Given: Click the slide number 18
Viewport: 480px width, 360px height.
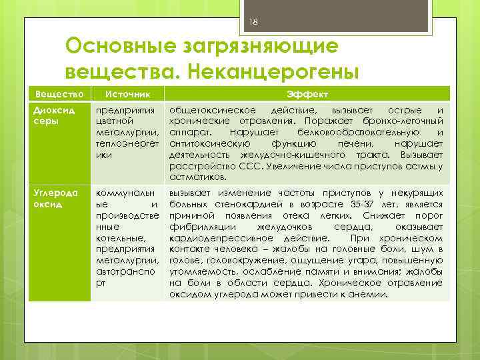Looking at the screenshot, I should click(x=253, y=23).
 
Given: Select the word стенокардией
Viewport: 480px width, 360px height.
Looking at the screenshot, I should click(x=237, y=204).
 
